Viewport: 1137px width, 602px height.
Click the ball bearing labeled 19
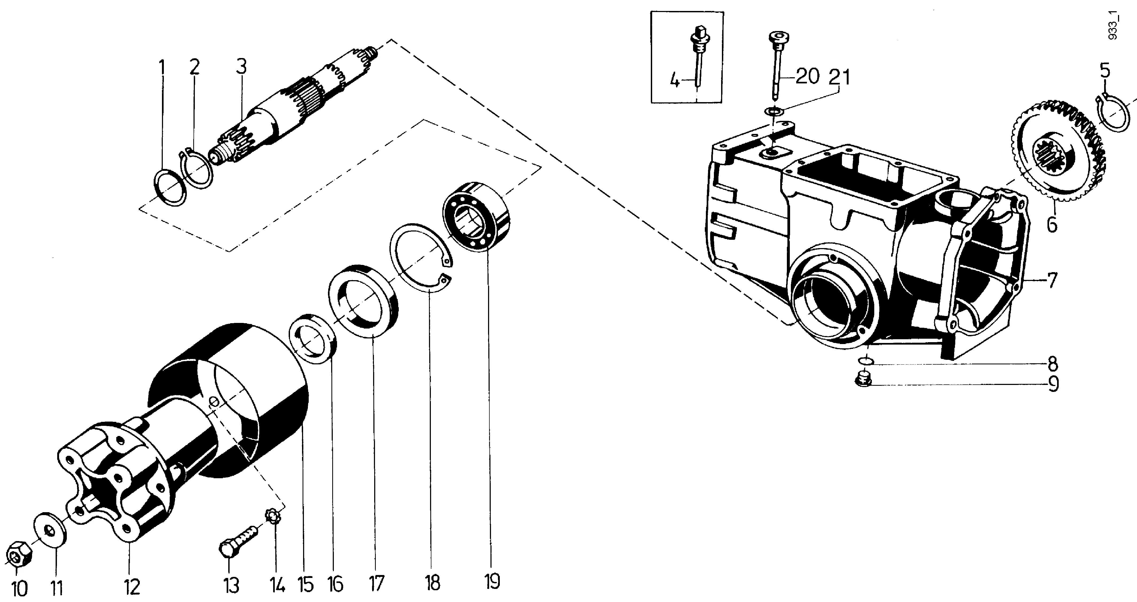(477, 216)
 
